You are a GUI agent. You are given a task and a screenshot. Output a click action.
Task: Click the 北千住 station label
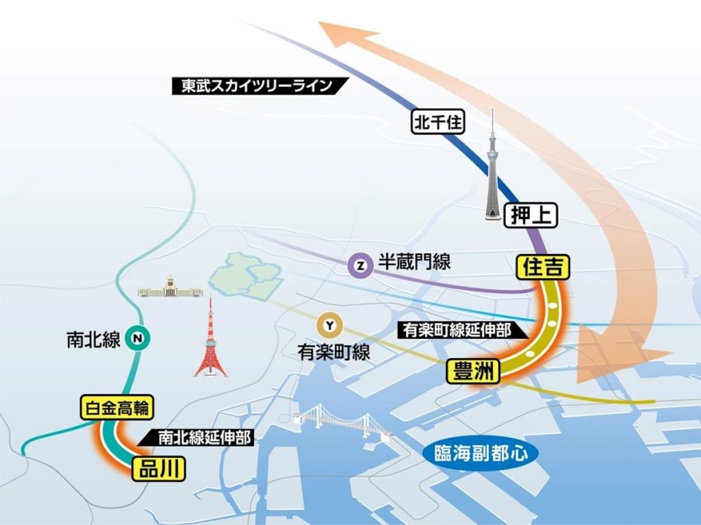(438, 123)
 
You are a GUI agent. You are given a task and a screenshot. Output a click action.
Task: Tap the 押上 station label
(531, 216)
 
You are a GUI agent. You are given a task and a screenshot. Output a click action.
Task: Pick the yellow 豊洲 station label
(473, 372)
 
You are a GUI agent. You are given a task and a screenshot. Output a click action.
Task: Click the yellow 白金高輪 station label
(117, 409)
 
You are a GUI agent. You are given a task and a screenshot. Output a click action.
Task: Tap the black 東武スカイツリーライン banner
(259, 86)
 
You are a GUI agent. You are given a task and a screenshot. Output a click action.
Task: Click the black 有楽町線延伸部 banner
(457, 329)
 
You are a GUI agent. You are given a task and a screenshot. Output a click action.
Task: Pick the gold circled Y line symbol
(331, 325)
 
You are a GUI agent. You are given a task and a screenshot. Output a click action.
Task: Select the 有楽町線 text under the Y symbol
(333, 353)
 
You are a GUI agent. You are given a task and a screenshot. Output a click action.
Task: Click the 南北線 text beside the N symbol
(93, 340)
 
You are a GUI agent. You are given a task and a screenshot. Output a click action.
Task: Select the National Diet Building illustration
(170, 289)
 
